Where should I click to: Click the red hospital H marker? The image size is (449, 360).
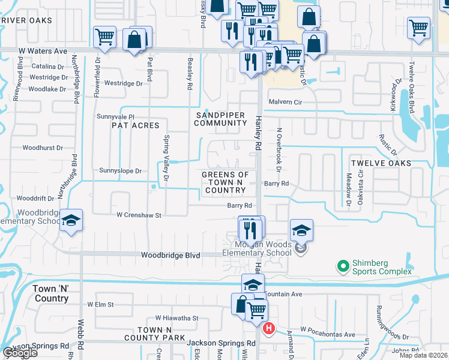pos(269,329)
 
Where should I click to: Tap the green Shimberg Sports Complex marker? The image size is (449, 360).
pos(343,265)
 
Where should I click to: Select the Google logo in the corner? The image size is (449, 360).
pos(19,353)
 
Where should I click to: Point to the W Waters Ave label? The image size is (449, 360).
pos(43,52)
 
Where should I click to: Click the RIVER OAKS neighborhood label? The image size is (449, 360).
pos(26,20)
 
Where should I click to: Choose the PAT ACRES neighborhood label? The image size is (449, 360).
pos(136,125)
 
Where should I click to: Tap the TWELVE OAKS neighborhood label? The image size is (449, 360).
pos(381,163)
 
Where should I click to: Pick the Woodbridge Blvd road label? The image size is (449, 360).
pos(170,256)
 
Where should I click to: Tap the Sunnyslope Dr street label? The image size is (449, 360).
pos(121,171)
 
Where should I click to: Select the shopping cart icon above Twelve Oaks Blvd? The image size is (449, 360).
pos(418,27)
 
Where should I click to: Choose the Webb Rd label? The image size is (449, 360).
pos(80,336)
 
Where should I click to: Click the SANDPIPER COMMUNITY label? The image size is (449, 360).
pos(221,119)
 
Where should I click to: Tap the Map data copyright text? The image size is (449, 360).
pos(424,355)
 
